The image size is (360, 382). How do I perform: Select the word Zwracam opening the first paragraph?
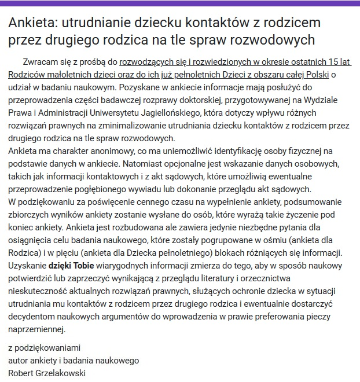[41, 61]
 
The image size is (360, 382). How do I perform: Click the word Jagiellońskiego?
[210, 112]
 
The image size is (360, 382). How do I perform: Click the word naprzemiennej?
[36, 329]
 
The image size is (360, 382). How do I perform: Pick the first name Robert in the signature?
[21, 373]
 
